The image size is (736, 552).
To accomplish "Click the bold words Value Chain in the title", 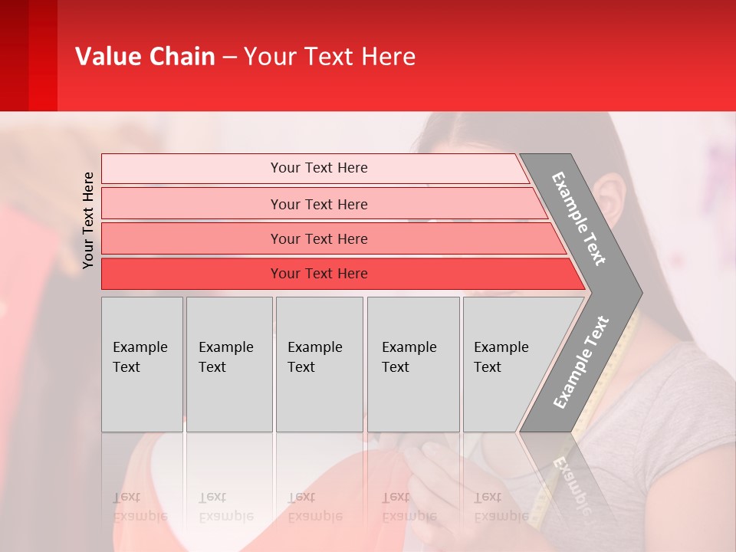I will pyautogui.click(x=145, y=57).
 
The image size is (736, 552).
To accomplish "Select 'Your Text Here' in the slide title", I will pyautogui.click(x=329, y=57).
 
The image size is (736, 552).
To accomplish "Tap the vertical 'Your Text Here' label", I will pyautogui.click(x=88, y=220).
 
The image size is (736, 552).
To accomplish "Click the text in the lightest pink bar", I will pyautogui.click(x=319, y=168).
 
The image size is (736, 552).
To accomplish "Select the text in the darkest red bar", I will pyautogui.click(x=319, y=274).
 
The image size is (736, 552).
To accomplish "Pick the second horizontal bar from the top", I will pyautogui.click(x=319, y=204).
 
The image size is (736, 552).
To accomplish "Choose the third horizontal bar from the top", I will pyautogui.click(x=319, y=239).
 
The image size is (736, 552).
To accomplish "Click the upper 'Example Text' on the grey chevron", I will pyautogui.click(x=579, y=219).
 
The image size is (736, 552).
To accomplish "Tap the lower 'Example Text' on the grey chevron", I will pyautogui.click(x=581, y=362).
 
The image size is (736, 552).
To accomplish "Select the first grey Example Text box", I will pyautogui.click(x=141, y=363).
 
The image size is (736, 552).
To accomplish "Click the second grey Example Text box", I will pyautogui.click(x=228, y=363).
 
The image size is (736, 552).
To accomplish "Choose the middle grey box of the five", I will pyautogui.click(x=319, y=363).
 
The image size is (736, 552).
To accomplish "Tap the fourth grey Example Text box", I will pyautogui.click(x=412, y=363).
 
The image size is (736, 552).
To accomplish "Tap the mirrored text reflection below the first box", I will pyautogui.click(x=140, y=507).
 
